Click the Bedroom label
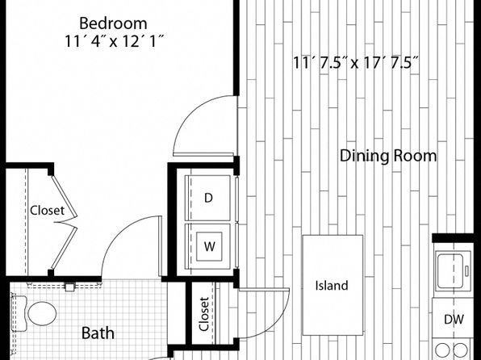(113, 23)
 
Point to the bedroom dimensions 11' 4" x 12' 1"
(114, 41)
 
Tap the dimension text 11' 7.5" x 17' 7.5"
(355, 63)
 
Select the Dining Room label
(388, 156)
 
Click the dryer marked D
(208, 198)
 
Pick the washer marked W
(208, 246)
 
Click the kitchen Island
(333, 285)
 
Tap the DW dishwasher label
(454, 320)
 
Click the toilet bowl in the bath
(42, 313)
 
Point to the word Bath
(98, 333)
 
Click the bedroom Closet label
(48, 211)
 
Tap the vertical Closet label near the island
(204, 314)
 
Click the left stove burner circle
(442, 350)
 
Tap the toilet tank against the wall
(19, 313)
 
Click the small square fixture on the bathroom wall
(69, 287)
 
